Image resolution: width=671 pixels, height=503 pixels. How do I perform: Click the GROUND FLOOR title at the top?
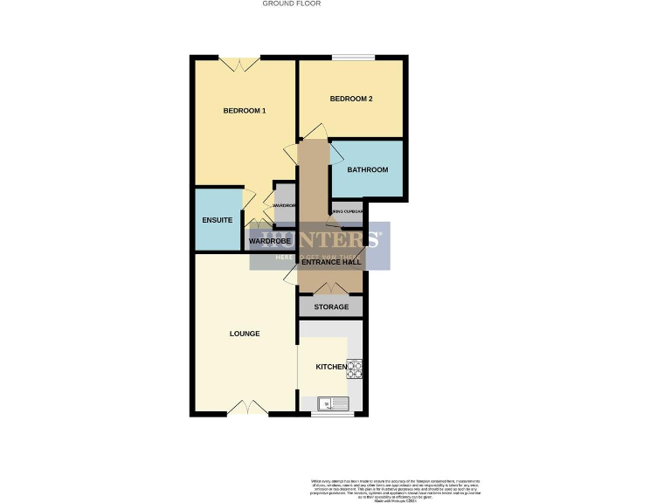(x=292, y=3)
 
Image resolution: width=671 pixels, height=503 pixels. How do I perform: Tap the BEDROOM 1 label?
(x=245, y=111)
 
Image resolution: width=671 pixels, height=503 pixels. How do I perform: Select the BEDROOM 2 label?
(x=351, y=99)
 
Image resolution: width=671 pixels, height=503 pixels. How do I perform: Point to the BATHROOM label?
(x=367, y=169)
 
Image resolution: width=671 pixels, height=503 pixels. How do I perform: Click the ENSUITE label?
(x=217, y=220)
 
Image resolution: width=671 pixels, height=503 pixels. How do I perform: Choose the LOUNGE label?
(x=245, y=334)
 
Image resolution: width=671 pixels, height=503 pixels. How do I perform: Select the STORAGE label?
(x=331, y=307)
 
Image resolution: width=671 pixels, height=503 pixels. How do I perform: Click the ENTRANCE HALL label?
(x=331, y=261)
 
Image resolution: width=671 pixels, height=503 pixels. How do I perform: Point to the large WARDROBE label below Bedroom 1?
(x=270, y=240)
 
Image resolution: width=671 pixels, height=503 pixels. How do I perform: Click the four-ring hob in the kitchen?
(x=354, y=369)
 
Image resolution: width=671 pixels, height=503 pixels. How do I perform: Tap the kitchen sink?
(x=334, y=403)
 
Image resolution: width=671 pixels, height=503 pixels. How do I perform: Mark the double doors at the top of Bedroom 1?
(x=238, y=63)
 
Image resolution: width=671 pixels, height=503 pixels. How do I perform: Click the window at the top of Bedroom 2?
(x=353, y=59)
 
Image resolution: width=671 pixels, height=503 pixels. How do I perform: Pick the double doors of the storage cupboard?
(x=330, y=288)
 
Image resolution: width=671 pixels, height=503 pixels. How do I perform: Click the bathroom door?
(x=335, y=152)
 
